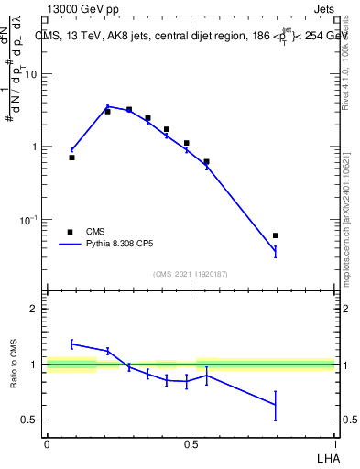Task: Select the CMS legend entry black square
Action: click(x=70, y=233)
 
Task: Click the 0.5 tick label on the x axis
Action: click(x=191, y=443)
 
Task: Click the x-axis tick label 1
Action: click(x=336, y=443)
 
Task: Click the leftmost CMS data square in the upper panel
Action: click(x=71, y=158)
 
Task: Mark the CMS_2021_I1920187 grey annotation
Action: click(x=191, y=274)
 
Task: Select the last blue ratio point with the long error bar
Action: click(x=276, y=405)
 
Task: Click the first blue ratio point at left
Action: click(x=71, y=344)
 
